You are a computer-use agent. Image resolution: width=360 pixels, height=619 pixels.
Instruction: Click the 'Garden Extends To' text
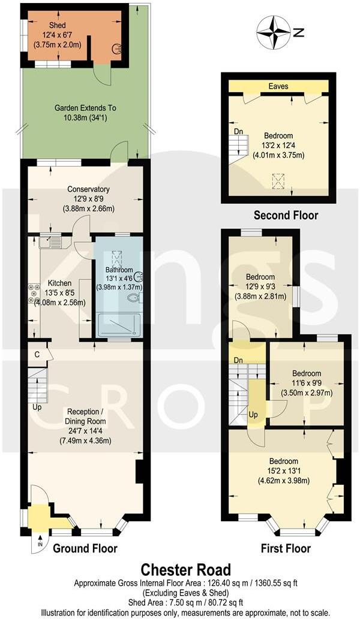(85, 108)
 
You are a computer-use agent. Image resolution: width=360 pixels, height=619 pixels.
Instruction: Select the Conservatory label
(88, 190)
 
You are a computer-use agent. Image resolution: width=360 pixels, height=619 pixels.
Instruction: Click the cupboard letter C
(37, 354)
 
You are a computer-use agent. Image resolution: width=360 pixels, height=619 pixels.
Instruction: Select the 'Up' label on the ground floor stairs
(37, 408)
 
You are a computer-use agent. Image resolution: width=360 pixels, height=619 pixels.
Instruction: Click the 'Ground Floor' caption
(85, 548)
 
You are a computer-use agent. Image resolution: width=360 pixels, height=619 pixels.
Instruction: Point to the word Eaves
(278, 86)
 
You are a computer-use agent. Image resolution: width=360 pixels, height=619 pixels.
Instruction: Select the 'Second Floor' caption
(286, 215)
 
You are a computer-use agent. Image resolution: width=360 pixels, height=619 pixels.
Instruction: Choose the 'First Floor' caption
(286, 548)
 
